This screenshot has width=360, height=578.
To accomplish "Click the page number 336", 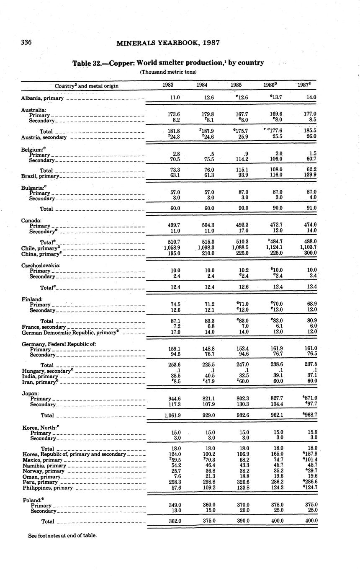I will click(26, 42).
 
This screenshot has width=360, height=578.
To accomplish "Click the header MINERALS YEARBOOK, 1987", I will click(168, 43).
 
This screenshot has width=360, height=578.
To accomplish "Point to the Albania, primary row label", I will click(42, 98).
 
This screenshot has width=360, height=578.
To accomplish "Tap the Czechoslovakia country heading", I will click(41, 266).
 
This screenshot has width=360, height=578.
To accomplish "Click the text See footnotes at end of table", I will click(62, 535).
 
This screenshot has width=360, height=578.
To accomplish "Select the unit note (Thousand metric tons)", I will click(168, 72).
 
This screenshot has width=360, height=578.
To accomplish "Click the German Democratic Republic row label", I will click(69, 332).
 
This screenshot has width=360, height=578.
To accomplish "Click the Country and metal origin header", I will click(87, 86).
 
